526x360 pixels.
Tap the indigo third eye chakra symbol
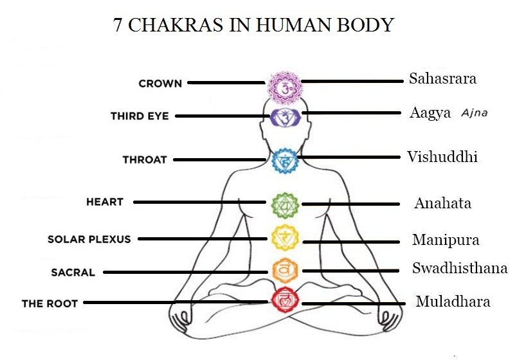(x=284, y=117)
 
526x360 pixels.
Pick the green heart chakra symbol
(x=284, y=205)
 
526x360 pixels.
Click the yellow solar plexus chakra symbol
(x=284, y=239)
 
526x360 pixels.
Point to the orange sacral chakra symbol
(x=284, y=269)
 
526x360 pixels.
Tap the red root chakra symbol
(x=284, y=300)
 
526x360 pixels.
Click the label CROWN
(x=160, y=83)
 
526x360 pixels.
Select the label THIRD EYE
(x=140, y=116)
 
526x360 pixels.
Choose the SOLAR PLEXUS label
(x=89, y=239)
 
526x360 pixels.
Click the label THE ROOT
(x=50, y=303)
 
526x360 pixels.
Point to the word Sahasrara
(x=442, y=79)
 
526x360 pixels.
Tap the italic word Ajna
(x=474, y=113)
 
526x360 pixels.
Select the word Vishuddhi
(x=442, y=157)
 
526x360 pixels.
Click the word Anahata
(x=442, y=203)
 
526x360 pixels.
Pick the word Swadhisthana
(x=460, y=268)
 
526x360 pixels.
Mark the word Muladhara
(x=453, y=301)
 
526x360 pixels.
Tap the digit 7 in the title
(x=118, y=25)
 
